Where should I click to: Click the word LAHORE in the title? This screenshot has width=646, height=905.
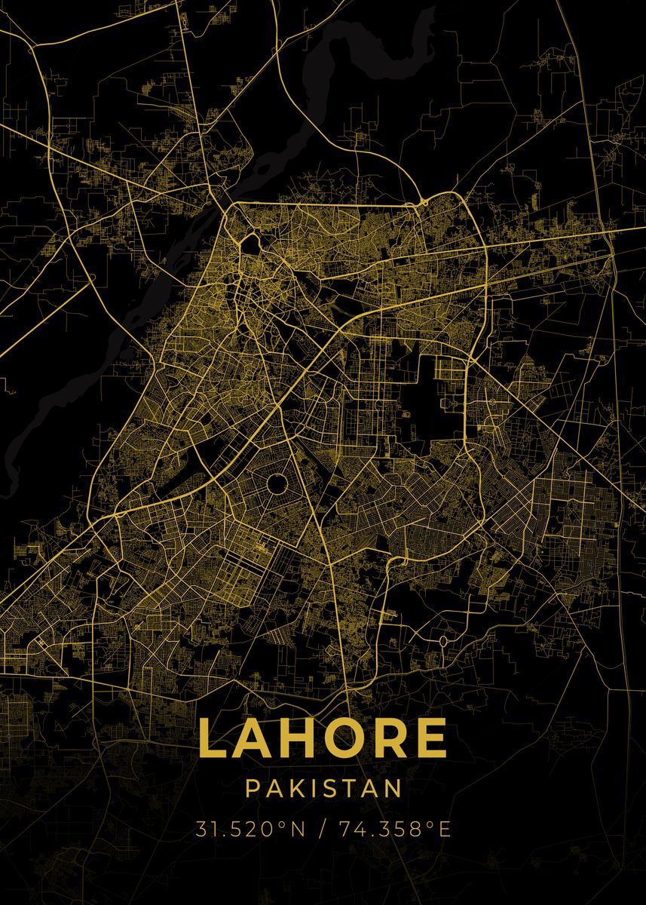pyautogui.click(x=323, y=738)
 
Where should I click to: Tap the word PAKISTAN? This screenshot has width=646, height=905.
pyautogui.click(x=323, y=789)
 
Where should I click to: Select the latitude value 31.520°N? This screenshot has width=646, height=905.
pyautogui.click(x=251, y=830)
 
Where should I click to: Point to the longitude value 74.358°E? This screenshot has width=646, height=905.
pyautogui.click(x=394, y=830)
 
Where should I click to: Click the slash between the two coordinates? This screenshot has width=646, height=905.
pyautogui.click(x=323, y=830)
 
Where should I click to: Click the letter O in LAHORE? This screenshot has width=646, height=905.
pyautogui.click(x=344, y=738)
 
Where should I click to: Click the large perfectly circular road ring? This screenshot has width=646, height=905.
pyautogui.click(x=277, y=483)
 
